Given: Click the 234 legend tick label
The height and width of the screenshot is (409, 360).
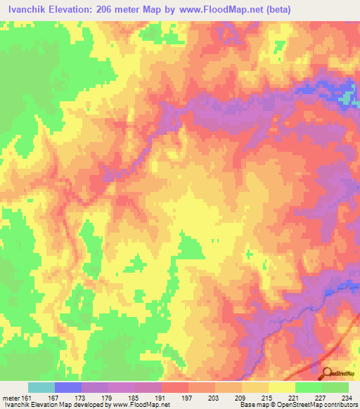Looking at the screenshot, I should (x=346, y=398).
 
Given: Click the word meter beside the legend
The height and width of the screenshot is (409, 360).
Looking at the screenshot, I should (x=11, y=398).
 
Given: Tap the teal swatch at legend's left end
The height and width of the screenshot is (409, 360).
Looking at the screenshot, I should (x=41, y=387).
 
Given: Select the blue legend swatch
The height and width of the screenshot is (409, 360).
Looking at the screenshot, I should (x=68, y=387).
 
